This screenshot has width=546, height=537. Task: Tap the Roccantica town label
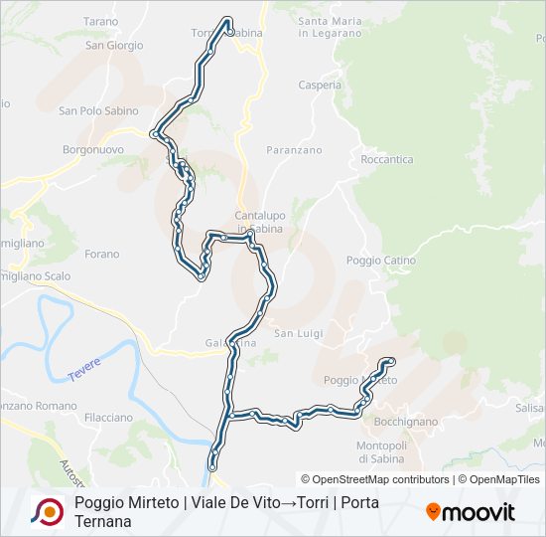click(x=387, y=159)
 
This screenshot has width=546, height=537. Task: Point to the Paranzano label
click(x=294, y=150)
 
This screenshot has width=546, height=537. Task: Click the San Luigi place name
click(x=299, y=333)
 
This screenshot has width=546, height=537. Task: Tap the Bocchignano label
click(x=408, y=422)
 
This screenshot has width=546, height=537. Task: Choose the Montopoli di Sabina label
click(x=381, y=452)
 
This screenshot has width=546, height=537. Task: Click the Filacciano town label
click(x=109, y=417)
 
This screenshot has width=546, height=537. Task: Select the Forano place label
click(x=102, y=255)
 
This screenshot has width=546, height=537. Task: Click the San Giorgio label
click(x=114, y=46)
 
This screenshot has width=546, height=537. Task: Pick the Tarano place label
click(x=100, y=21)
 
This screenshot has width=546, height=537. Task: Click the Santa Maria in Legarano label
click(x=330, y=27)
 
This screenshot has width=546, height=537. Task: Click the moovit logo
click(x=471, y=512)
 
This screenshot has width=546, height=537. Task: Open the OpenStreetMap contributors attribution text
click(x=375, y=479)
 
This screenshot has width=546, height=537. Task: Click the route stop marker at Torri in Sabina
click(x=230, y=32)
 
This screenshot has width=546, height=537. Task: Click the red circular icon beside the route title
click(x=48, y=510)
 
